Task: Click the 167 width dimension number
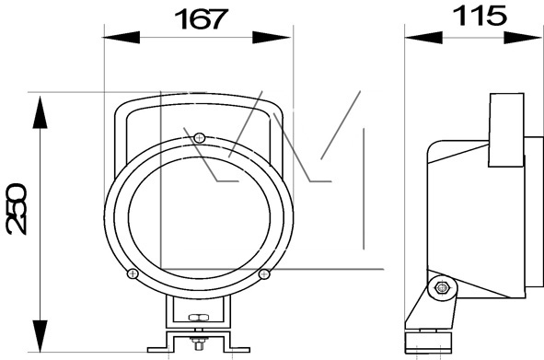pyautogui.click(x=201, y=18)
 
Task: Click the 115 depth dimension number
pyautogui.click(x=480, y=16)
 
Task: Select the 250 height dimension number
pyautogui.click(x=17, y=209)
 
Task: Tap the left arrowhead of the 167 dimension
pyautogui.click(x=122, y=37)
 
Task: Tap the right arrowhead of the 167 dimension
pyautogui.click(x=272, y=37)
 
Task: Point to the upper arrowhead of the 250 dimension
pyautogui.click(x=41, y=112)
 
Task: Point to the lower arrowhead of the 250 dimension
pyautogui.click(x=41, y=336)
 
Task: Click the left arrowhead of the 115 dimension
pyautogui.click(x=423, y=38)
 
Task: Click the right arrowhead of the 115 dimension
pyautogui.click(x=523, y=38)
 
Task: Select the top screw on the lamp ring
pyautogui.click(x=199, y=138)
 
